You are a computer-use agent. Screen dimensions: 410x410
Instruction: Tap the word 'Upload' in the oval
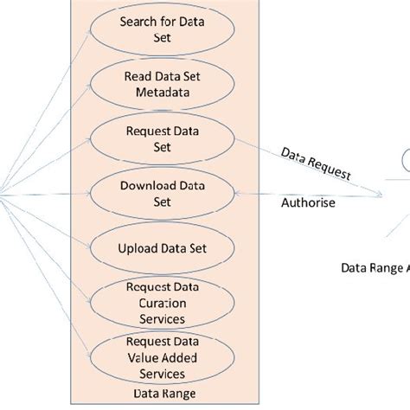coord(136,248)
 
